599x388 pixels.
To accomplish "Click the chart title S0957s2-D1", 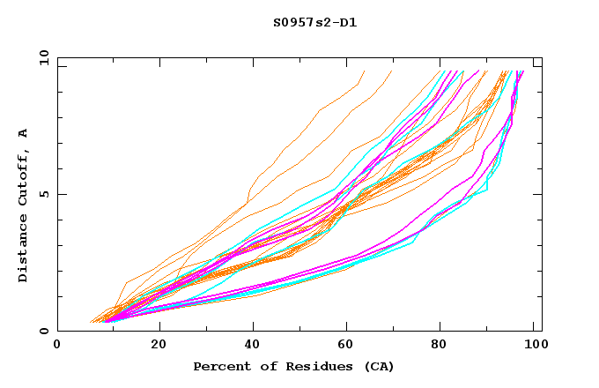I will click(314, 22).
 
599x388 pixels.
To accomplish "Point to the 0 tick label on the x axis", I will click(57, 346).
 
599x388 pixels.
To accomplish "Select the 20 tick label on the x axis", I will click(159, 346).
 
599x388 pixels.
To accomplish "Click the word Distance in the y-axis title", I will click(23, 252).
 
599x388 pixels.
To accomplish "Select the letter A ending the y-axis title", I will click(23, 133).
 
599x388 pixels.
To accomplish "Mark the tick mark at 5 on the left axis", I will click(61, 194).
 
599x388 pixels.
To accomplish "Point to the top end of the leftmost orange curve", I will click(363, 71).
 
